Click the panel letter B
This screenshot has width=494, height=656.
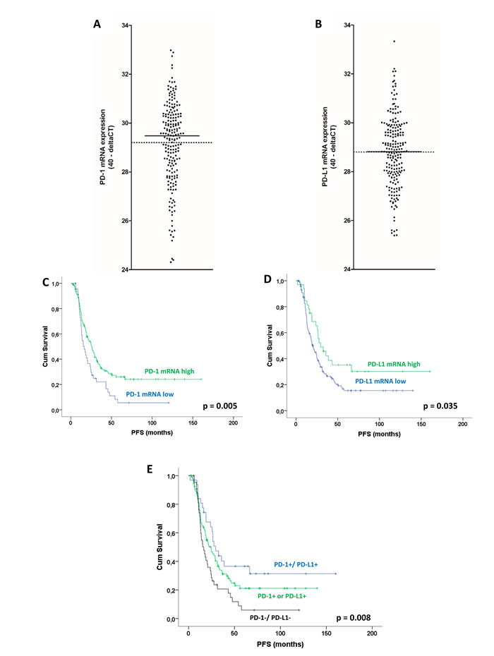pyautogui.click(x=319, y=24)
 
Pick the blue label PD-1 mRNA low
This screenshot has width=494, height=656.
pyautogui.click(x=152, y=394)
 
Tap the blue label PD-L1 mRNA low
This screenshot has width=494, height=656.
pyautogui.click(x=384, y=381)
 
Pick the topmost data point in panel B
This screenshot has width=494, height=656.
pyautogui.click(x=394, y=42)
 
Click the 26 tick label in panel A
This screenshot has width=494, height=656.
pyautogui.click(x=126, y=221)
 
